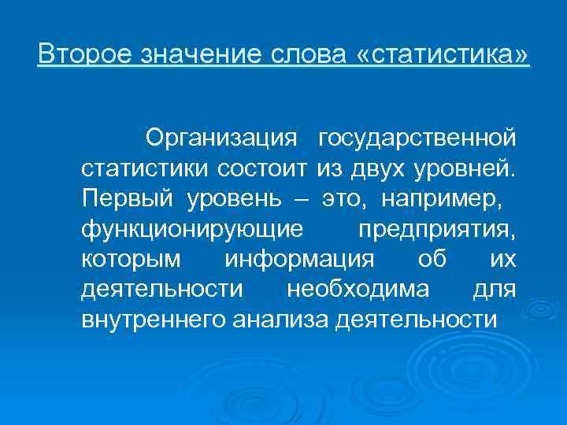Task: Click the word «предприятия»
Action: pyautogui.click(x=437, y=229)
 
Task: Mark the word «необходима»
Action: pyautogui.click(x=358, y=289)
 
